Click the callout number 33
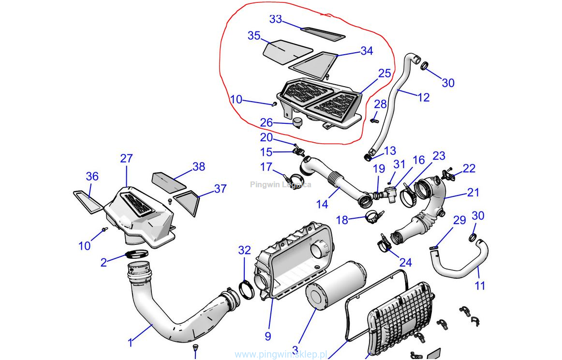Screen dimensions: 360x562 [x=276, y=19]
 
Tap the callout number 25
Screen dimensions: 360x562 [x=385, y=74]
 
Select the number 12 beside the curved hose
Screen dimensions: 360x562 [x=423, y=97]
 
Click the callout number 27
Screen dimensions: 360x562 [x=126, y=159]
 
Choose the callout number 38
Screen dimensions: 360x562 [x=198, y=167]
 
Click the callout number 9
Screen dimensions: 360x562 [x=267, y=336]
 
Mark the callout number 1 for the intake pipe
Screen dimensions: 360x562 [x=130, y=343]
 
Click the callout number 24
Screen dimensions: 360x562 [x=405, y=262]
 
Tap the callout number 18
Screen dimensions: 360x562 [x=342, y=220]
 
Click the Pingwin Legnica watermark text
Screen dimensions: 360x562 [x=281, y=184]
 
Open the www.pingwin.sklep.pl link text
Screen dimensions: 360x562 [x=281, y=355]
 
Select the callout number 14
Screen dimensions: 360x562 [x=322, y=205]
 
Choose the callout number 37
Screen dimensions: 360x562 [x=220, y=189]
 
